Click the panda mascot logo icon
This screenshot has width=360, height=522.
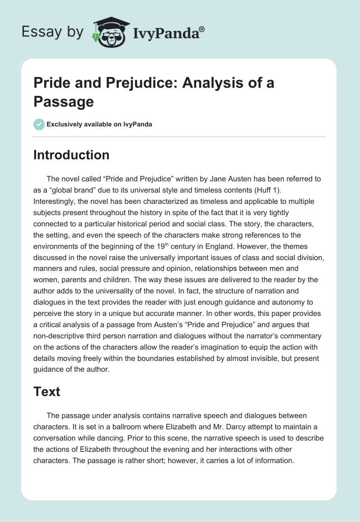[108, 32]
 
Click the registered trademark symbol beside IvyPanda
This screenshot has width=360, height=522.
[202, 29]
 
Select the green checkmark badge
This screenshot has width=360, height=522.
[39, 124]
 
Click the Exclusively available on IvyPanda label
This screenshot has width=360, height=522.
[99, 124]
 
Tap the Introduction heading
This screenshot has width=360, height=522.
[71, 155]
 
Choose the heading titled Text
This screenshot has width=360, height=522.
[46, 391]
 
